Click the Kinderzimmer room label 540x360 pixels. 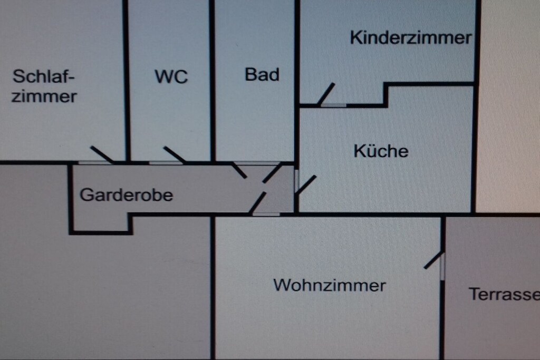pyautogui.click(x=410, y=37)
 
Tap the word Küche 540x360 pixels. pyautogui.click(x=381, y=151)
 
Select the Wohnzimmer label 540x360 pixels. pyautogui.click(x=330, y=285)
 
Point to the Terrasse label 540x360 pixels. pyautogui.click(x=504, y=294)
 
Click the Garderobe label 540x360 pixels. pyautogui.click(x=127, y=195)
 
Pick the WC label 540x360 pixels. pyautogui.click(x=171, y=76)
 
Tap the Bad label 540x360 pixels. pyautogui.click(x=262, y=75)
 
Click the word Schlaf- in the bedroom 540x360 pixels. pyautogui.click(x=43, y=76)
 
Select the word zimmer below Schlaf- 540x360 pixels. pyautogui.click(x=44, y=96)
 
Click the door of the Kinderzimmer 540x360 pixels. pyautogui.click(x=326, y=94)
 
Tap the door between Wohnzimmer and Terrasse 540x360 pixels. pyautogui.click(x=434, y=260)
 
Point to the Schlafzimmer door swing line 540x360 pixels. pyautogui.click(x=102, y=154)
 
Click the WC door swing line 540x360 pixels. pyautogui.click(x=175, y=154)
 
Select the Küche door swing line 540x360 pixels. pyautogui.click(x=306, y=184)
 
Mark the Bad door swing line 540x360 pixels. pyautogui.click(x=239, y=170)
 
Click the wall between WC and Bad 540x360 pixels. pyautogui.click(x=212, y=81)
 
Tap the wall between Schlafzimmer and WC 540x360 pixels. pyautogui.click(x=127, y=81)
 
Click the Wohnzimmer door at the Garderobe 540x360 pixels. pyautogui.click(x=257, y=203)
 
